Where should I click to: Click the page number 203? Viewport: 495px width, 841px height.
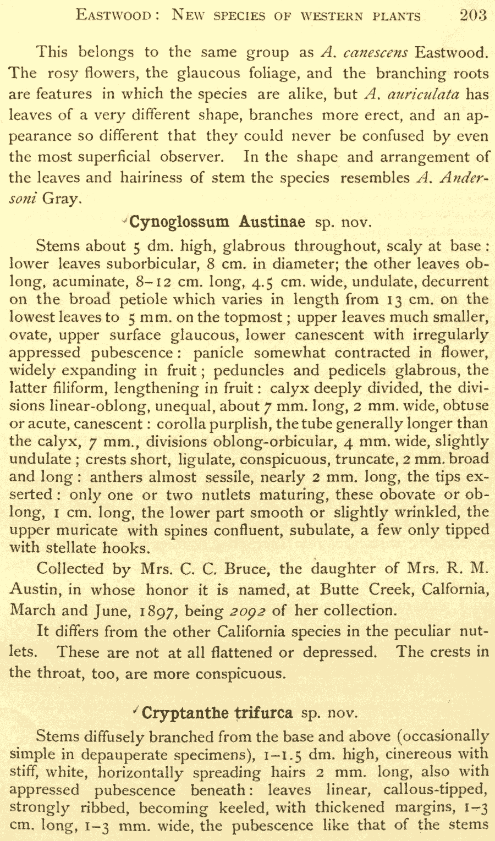click(473, 15)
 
